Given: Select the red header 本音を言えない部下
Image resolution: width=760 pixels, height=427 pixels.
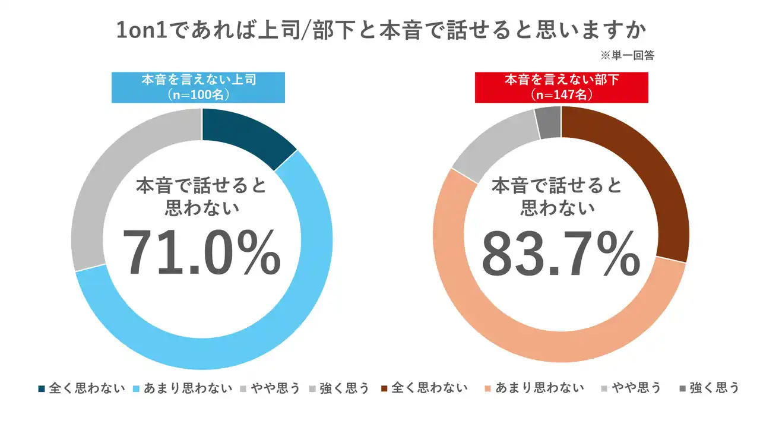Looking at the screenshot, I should point(561,80).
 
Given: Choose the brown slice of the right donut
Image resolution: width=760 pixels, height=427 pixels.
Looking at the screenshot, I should point(653,178).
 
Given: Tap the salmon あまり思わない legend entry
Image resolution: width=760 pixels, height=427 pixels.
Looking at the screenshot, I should point(534,388).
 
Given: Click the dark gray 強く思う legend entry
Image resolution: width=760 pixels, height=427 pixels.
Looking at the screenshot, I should point(710,388).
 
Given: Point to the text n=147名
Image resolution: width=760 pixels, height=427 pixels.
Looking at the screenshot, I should point(561,94).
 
